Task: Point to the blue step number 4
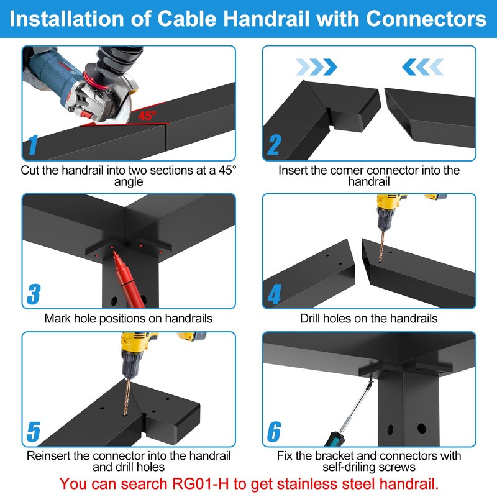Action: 274,294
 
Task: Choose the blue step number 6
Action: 274,432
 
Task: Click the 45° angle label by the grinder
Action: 147,115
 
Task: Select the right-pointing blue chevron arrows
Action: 316,65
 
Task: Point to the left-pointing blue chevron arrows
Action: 422,65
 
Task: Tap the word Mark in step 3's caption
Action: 57,319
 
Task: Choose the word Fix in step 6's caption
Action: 286,456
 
